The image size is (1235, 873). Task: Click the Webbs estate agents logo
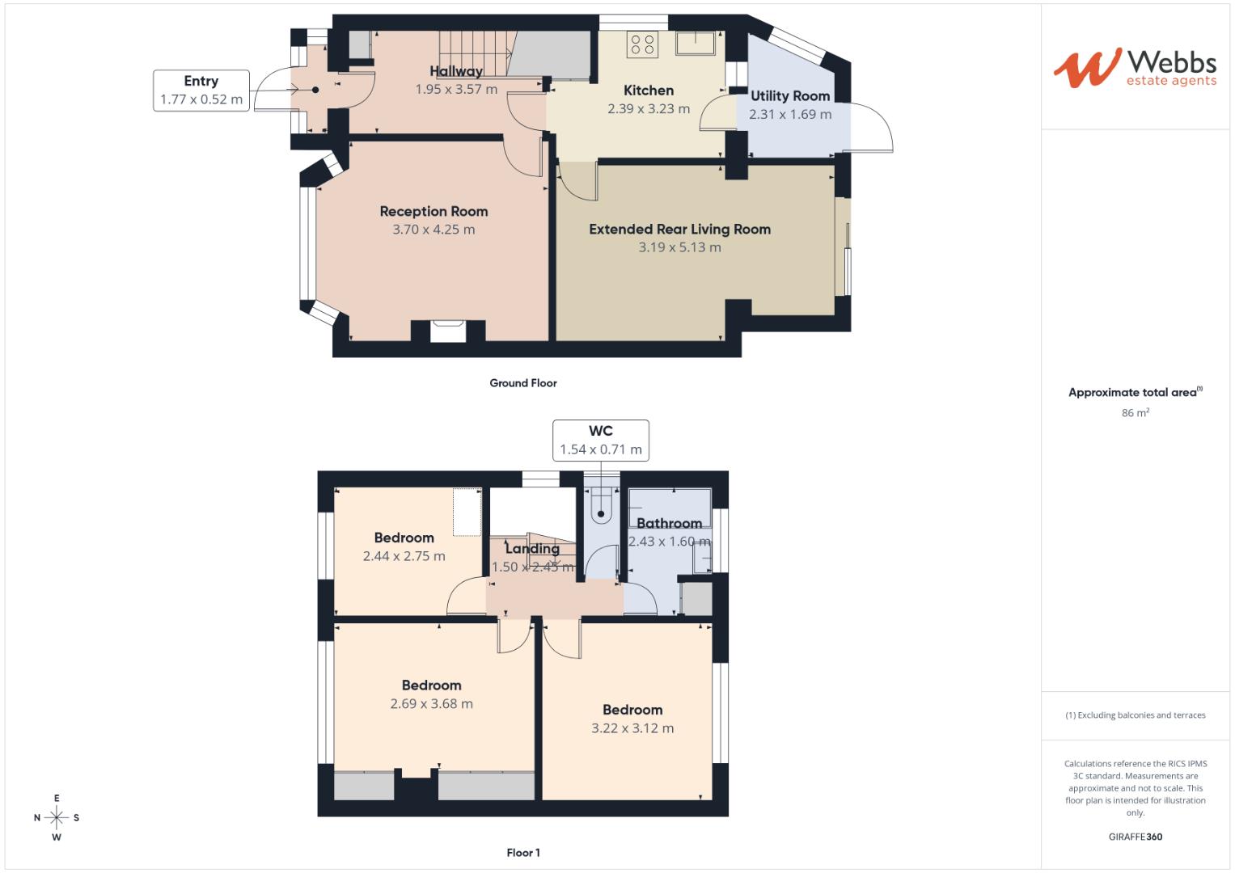tap(1135, 68)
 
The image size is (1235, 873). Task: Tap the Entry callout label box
tap(201, 91)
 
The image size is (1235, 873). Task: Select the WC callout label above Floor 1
tap(601, 441)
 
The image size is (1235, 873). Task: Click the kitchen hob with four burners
tap(644, 44)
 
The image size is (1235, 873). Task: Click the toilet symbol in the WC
tap(602, 506)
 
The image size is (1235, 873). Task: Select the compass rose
tap(57, 817)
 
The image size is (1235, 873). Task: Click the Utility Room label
tap(790, 96)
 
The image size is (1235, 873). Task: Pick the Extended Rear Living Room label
tap(679, 230)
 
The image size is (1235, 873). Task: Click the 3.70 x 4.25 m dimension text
tap(434, 230)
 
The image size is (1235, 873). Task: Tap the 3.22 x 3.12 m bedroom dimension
tap(632, 728)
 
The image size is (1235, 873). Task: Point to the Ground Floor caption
tap(523, 383)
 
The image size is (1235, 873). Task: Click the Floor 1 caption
tap(523, 853)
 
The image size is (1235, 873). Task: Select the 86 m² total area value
tap(1136, 413)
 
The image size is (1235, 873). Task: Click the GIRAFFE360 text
tap(1136, 837)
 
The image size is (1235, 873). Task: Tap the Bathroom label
tap(669, 523)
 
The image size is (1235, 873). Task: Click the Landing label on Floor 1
tap(532, 549)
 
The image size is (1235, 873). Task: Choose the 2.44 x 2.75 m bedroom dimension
tap(404, 556)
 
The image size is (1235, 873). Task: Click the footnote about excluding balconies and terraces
tap(1136, 715)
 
